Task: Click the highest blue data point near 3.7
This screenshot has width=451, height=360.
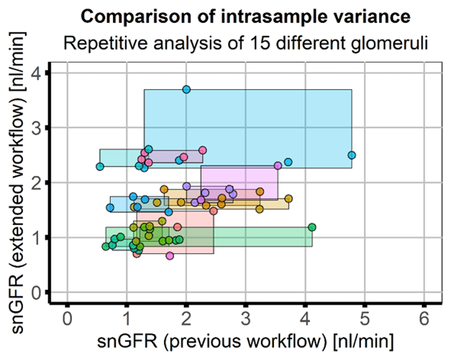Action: (186, 89)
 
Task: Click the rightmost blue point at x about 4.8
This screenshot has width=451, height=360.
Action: (352, 155)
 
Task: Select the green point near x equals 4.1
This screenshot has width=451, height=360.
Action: (312, 227)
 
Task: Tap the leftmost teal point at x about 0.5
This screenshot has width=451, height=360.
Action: (100, 166)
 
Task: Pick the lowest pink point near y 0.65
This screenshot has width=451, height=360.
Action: (170, 255)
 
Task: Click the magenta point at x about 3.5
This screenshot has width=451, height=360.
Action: (278, 165)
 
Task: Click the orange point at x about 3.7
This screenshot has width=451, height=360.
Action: (289, 198)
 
